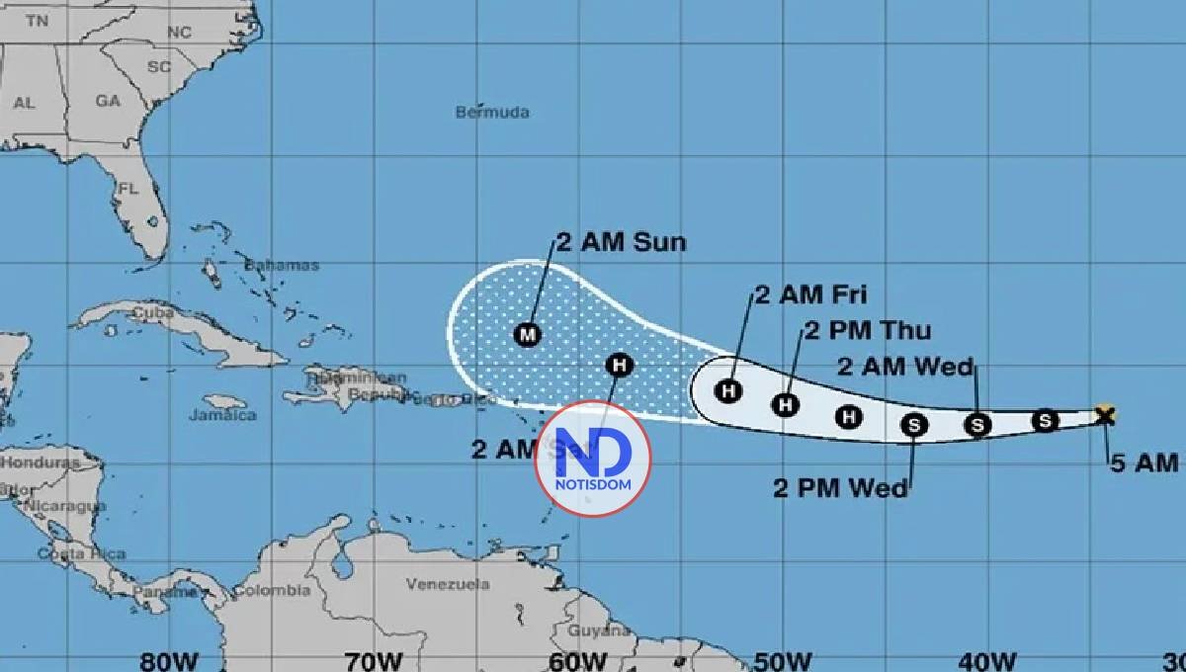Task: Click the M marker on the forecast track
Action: [x=528, y=334]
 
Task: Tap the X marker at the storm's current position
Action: [x=1106, y=415]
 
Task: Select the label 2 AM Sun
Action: [x=621, y=242]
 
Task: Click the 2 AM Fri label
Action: [x=810, y=294]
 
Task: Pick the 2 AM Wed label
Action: [x=905, y=367]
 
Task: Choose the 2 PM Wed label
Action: [x=840, y=487]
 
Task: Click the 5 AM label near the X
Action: [x=1144, y=462]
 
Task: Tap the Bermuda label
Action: [x=492, y=113]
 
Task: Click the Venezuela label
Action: [x=448, y=584]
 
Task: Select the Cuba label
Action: [x=153, y=313]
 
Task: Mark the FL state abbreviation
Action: [x=128, y=188]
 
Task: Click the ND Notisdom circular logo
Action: [x=593, y=459]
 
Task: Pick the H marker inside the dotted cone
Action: [x=620, y=365]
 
